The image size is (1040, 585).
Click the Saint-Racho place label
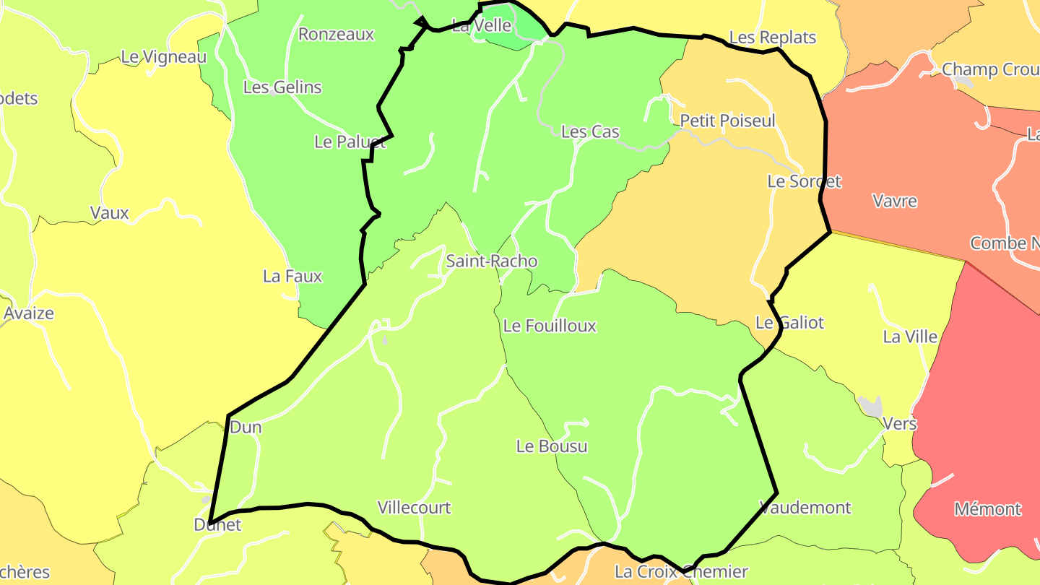tap(492, 261)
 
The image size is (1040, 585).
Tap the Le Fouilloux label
tap(550, 326)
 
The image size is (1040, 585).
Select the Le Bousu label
tap(552, 446)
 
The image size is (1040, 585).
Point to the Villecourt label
tap(414, 508)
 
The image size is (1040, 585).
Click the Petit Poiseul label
tap(727, 121)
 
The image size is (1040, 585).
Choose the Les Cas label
tap(590, 131)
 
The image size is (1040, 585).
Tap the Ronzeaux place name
tap(336, 34)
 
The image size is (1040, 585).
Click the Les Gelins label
tap(282, 87)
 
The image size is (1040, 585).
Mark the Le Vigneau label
tap(164, 56)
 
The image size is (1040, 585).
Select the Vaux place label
tap(110, 213)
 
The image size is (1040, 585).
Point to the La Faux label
tap(292, 276)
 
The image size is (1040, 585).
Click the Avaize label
tap(29, 313)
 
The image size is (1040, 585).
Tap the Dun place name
tap(246, 427)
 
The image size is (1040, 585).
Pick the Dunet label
tap(217, 525)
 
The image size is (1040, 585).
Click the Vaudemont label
tap(805, 508)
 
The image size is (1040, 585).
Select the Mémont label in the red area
tap(987, 509)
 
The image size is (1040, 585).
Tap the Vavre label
tap(895, 201)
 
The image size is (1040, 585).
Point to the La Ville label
tap(910, 337)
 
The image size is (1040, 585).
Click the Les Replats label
tap(772, 38)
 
